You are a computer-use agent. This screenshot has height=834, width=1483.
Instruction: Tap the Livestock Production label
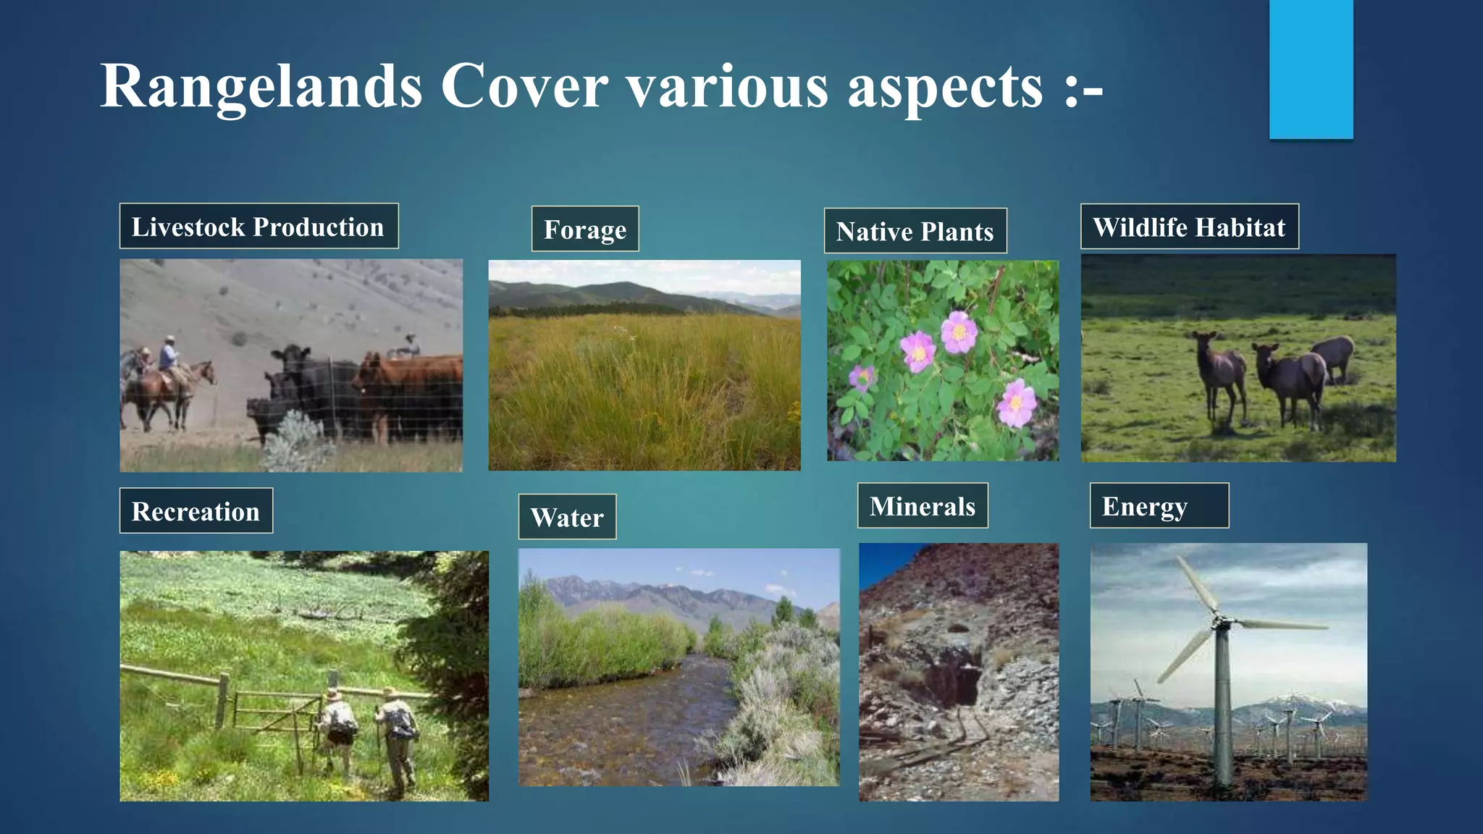pos(259,227)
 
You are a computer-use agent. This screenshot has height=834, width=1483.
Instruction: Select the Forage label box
pos(585,229)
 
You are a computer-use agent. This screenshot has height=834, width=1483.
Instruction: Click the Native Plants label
pos(915,231)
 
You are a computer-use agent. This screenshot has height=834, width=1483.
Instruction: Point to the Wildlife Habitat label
pos(1189,227)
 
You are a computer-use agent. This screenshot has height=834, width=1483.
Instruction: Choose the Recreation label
pos(196,511)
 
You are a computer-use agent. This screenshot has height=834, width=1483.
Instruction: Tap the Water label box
pos(567,517)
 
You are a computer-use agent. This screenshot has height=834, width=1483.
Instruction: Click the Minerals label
pos(923,506)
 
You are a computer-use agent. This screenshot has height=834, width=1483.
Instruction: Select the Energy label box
pos(1159,506)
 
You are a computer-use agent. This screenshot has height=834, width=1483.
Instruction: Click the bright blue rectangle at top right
pos(1311,69)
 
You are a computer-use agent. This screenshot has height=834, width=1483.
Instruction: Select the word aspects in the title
pos(945,87)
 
